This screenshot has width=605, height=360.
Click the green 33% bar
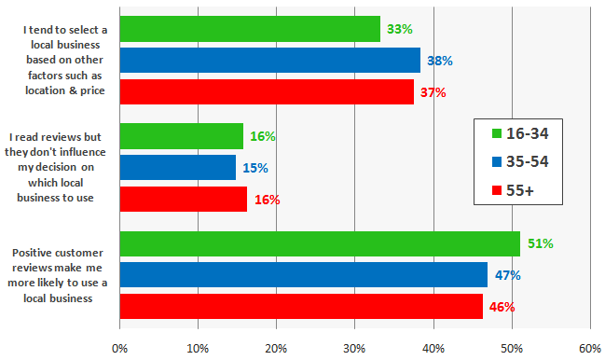[x=250, y=29]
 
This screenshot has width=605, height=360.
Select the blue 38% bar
[x=269, y=61]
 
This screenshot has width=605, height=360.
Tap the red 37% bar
[x=267, y=92]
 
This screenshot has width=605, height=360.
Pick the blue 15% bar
[x=177, y=168]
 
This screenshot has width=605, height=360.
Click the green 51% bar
[x=320, y=243]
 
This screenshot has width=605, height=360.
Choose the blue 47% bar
[x=304, y=275]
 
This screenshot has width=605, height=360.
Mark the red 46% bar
[x=301, y=307]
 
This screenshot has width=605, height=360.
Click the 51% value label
[x=541, y=243]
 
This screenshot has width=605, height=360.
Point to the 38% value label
[x=440, y=61]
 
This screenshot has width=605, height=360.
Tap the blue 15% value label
[x=254, y=168]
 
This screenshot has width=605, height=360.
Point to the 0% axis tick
[x=119, y=348]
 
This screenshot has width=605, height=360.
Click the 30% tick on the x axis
[x=354, y=348]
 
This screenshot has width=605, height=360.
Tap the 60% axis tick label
[x=589, y=348]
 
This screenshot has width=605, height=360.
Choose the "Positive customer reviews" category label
[x=62, y=275]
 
